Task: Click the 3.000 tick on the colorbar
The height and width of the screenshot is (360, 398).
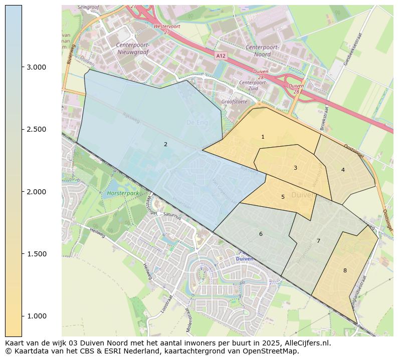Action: pos(36,67)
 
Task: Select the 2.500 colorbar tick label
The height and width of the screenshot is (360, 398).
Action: pos(36,129)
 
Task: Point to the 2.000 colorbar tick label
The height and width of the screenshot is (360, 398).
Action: pos(36,192)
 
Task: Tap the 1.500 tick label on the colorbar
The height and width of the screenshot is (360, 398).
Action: pos(36,254)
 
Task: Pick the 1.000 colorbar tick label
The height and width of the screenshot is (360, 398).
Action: pos(36,316)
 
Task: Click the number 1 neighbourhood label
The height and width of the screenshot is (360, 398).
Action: pos(263,137)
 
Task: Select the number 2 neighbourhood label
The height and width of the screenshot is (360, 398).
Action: pos(165,144)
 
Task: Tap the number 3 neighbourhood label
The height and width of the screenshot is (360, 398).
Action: pos(295,168)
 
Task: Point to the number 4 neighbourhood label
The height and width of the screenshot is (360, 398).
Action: pos(343,170)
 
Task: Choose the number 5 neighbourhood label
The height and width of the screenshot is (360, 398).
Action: pos(283,197)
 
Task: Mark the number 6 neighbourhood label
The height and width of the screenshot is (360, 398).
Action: pos(261,234)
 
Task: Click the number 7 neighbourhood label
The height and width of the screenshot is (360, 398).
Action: pos(318,241)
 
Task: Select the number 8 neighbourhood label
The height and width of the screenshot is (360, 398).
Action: pos(345,270)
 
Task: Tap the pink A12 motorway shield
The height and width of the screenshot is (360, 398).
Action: pos(221,56)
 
